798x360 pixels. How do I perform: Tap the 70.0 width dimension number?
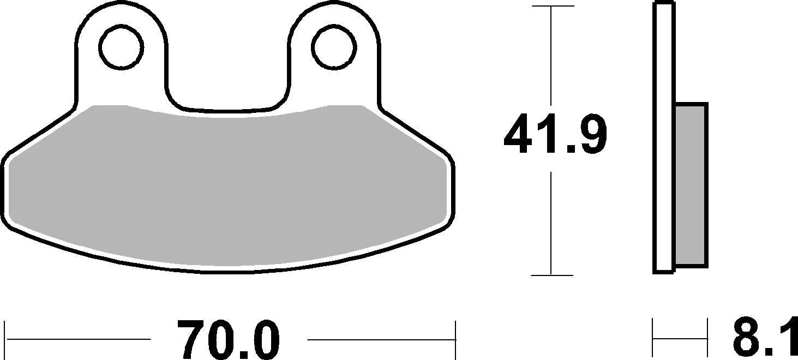pyautogui.click(x=229, y=340)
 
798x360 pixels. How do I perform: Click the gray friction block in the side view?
pyautogui.click(x=691, y=185)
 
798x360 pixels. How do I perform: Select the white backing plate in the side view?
pyautogui.click(x=664, y=136)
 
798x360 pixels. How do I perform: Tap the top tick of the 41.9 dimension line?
pyautogui.click(x=552, y=7)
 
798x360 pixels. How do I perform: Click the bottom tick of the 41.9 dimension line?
pyautogui.click(x=552, y=275)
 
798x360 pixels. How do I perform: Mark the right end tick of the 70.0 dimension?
pyautogui.click(x=454, y=339)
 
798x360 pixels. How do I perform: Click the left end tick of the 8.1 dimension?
pyautogui.click(x=653, y=339)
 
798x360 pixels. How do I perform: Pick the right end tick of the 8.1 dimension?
pyautogui.click(x=707, y=339)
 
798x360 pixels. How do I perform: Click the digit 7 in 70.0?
pyautogui.click(x=192, y=340)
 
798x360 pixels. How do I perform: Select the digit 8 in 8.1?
pyautogui.click(x=748, y=340)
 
